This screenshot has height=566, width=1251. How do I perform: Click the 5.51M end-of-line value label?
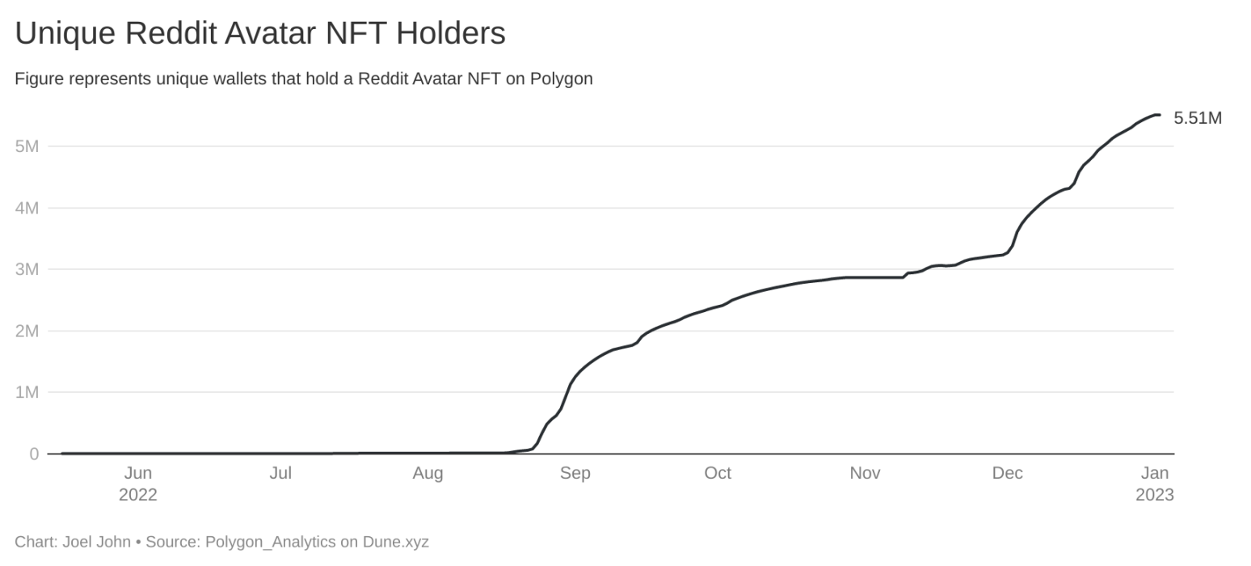[1197, 118]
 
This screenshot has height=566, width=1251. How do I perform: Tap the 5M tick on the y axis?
[27, 146]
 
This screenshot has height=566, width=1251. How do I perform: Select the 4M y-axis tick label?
[27, 208]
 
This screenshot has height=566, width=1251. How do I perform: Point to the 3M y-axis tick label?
[27, 269]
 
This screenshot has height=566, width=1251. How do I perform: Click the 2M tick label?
[27, 331]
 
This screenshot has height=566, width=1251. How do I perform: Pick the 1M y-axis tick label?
[27, 392]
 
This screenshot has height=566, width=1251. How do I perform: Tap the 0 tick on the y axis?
[34, 454]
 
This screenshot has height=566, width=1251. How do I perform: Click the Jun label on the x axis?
[138, 473]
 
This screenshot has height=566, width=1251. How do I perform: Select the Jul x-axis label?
[280, 473]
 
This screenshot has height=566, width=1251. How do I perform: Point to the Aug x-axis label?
[428, 473]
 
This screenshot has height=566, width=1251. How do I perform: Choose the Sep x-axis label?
[575, 473]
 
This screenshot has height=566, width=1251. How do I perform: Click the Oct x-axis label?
[718, 473]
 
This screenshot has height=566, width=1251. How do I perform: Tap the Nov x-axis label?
[865, 473]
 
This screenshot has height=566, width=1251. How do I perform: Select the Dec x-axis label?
[1007, 473]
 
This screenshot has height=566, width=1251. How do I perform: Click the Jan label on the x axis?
[1155, 473]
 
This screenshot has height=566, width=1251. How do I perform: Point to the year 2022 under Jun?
[138, 495]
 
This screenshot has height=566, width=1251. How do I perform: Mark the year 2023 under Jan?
[1155, 495]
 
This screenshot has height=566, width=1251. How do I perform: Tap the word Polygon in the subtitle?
[562, 78]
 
